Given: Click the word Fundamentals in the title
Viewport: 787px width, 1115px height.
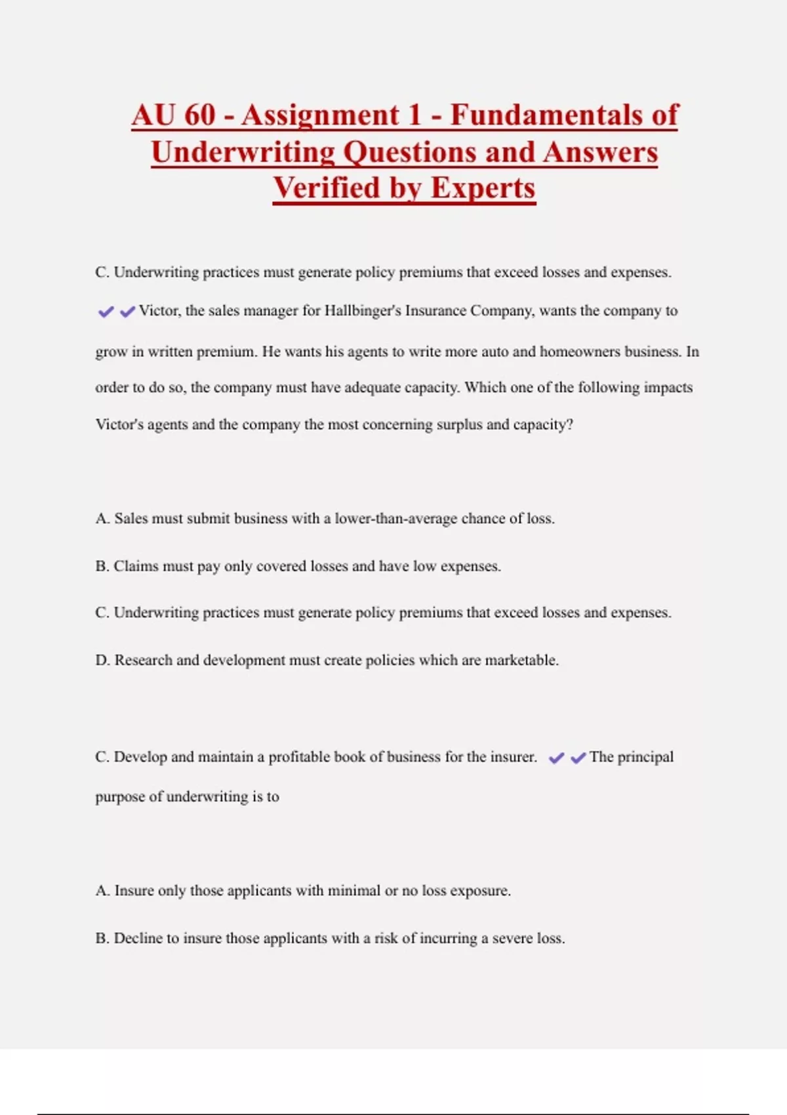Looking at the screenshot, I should pyautogui.click(x=564, y=115).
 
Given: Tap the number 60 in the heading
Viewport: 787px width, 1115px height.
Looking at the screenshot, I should pyautogui.click(x=200, y=115).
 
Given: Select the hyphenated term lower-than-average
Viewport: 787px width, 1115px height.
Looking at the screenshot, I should pyautogui.click(x=396, y=519).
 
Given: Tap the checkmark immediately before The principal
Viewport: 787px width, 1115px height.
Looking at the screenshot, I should pyautogui.click(x=578, y=758).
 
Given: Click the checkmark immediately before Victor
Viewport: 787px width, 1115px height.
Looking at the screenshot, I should pyautogui.click(x=127, y=312).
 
